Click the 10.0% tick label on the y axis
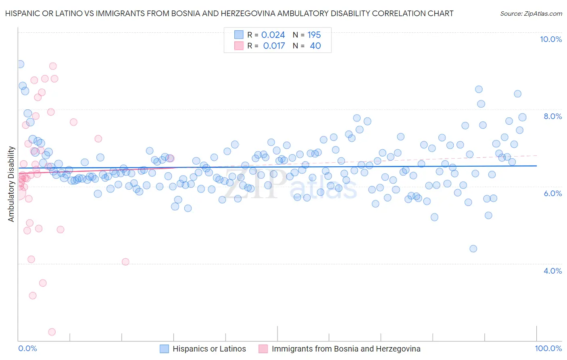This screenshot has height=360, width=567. (x=550, y=39)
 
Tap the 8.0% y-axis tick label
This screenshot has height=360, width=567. (x=552, y=116)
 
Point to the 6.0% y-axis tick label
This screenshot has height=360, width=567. (x=552, y=193)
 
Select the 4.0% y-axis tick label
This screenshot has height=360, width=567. (x=552, y=271)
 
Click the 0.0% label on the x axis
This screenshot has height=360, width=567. (x=27, y=348)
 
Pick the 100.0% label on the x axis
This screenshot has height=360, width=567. (x=548, y=348)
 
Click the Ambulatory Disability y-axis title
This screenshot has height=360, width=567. (x=11, y=184)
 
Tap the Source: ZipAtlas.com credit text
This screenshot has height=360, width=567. (x=531, y=13)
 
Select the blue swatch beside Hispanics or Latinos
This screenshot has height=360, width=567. (x=164, y=349)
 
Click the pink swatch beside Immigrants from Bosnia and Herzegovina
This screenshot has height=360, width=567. (x=263, y=349)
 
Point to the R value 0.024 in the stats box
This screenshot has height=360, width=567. (x=273, y=35)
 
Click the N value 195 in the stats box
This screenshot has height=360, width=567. (x=314, y=35)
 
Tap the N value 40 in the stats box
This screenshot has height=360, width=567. (x=315, y=46)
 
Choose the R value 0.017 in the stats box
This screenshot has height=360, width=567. (x=274, y=46)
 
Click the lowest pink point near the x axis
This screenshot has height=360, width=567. (x=52, y=332)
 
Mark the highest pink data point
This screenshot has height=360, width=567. (x=53, y=66)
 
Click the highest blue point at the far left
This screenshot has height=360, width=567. (x=20, y=64)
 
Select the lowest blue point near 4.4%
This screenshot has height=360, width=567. (x=473, y=249)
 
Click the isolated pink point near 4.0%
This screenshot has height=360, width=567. (x=125, y=262)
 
